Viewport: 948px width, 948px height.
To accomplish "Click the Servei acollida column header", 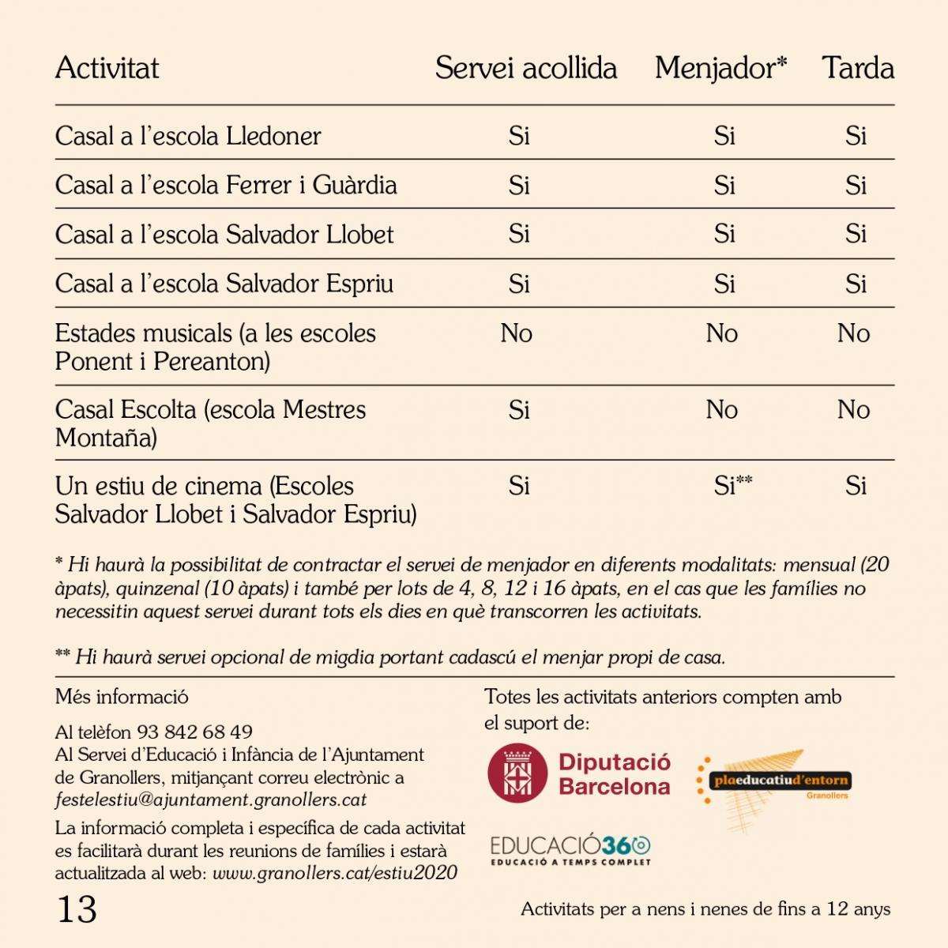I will [525, 69].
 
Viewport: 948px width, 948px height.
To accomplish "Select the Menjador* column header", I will [720, 69].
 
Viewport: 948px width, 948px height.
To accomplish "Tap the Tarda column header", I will [857, 69].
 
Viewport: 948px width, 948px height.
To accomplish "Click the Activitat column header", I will [107, 69].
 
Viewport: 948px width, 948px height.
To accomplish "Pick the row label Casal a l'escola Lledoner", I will [188, 136].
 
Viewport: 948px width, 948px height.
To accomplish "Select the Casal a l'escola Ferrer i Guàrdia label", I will [226, 186].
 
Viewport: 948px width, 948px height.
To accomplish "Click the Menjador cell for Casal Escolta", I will [721, 410].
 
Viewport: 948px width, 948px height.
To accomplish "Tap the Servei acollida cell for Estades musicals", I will [517, 333].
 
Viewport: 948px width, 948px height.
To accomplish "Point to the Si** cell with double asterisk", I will [732, 485].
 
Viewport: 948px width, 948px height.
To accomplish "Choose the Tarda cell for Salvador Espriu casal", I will [856, 284].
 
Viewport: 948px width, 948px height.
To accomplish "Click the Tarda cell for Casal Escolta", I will [853, 410].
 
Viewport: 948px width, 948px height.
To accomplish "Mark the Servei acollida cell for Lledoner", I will [519, 136].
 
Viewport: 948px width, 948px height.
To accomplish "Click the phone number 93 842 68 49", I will [194, 732].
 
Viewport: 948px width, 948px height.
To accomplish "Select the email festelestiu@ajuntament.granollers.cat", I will [211, 799].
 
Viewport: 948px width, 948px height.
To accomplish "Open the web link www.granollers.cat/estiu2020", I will [335, 873].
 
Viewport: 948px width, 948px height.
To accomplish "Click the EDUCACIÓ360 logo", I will [570, 848].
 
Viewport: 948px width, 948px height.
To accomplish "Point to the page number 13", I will [77, 909].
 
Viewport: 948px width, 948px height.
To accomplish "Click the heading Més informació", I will [122, 697].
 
